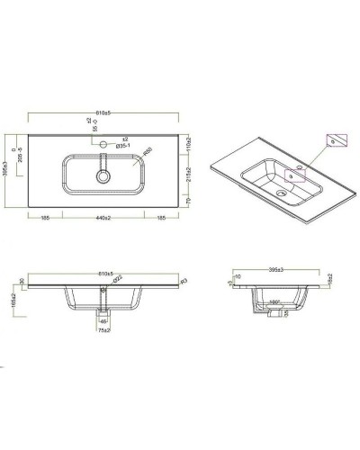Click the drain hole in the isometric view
tap(282, 192)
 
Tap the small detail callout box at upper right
tap(335, 139)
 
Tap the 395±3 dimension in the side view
tap(280, 271)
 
